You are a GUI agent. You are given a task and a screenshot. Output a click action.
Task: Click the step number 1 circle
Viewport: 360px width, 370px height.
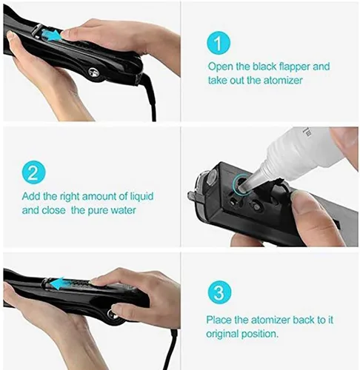pos(219,44)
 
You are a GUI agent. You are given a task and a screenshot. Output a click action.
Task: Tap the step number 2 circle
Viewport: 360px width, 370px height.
pos(33,172)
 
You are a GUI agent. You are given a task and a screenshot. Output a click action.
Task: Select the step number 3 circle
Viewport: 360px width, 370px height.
pos(219,292)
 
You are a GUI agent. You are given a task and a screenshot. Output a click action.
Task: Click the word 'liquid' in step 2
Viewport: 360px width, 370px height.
pos(141,197)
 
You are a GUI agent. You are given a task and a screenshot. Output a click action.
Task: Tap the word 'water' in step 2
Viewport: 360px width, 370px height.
pos(123,210)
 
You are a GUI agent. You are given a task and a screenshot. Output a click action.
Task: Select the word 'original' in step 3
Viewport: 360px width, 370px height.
pos(222,334)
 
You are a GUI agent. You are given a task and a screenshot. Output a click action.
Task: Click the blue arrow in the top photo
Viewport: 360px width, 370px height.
pos(51,35)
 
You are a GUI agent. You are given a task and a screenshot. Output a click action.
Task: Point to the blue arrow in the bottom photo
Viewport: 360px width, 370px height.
pos(57,283)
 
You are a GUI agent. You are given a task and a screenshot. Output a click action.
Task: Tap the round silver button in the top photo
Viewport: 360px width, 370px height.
pos(94,72)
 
